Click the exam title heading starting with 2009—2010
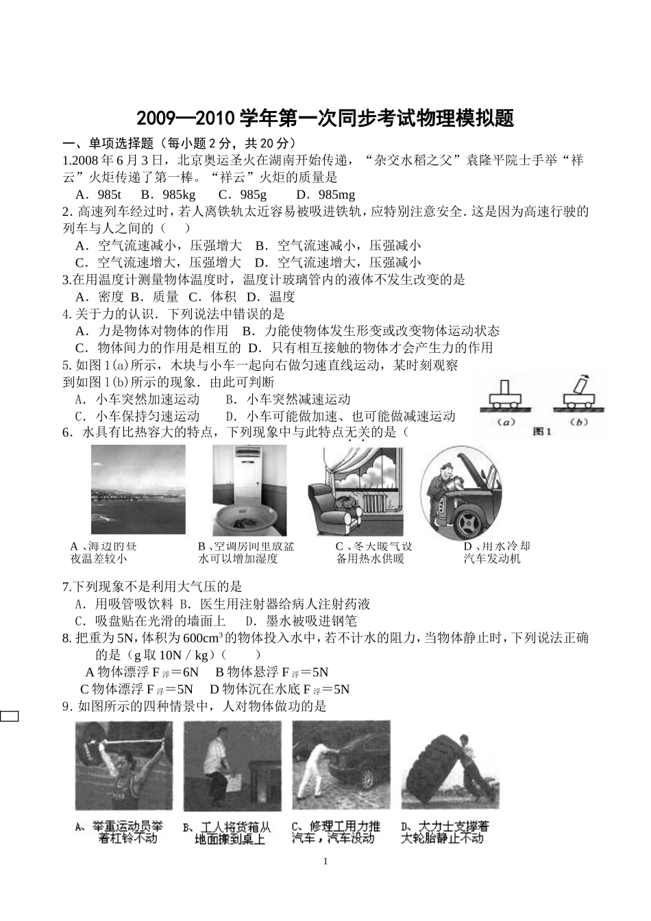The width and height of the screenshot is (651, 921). pyautogui.click(x=325, y=119)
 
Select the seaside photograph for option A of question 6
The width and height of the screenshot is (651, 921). pyautogui.click(x=138, y=489)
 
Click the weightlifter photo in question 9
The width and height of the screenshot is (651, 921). pyautogui.click(x=123, y=765)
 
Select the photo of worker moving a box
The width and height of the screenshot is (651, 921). pyautogui.click(x=232, y=765)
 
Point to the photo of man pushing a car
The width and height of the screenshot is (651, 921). pyautogui.click(x=341, y=765)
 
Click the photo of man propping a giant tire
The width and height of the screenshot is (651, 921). pyautogui.click(x=450, y=765)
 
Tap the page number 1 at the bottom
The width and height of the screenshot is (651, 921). pyautogui.click(x=325, y=861)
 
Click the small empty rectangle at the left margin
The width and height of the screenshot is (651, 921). pyautogui.click(x=9, y=717)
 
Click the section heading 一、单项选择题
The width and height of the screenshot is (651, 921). pyautogui.click(x=106, y=143)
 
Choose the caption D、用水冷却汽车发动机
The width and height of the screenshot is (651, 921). pyautogui.click(x=496, y=552)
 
